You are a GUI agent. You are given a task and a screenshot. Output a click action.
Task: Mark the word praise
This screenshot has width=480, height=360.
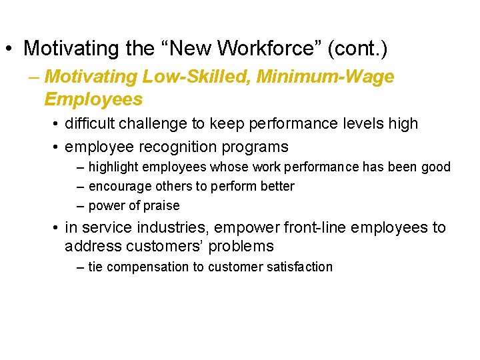point(162,206)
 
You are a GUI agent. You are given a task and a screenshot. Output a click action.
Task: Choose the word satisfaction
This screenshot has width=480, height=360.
point(302,267)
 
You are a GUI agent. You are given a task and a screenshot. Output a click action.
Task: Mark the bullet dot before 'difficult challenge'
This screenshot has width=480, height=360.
point(56,124)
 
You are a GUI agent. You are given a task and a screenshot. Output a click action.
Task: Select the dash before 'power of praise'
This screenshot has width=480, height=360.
point(81,206)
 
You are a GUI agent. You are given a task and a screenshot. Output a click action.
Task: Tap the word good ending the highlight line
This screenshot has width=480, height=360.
point(436,167)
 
